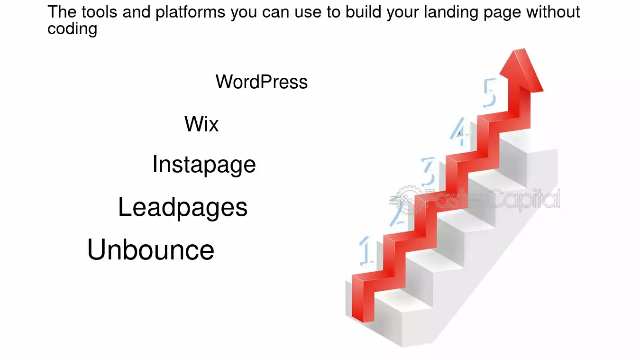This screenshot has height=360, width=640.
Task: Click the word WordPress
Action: pyautogui.click(x=262, y=82)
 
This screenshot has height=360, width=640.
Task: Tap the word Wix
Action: pyautogui.click(x=201, y=124)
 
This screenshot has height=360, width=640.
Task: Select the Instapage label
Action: pyautogui.click(x=204, y=165)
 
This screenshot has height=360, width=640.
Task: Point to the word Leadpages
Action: pyautogui.click(x=183, y=207)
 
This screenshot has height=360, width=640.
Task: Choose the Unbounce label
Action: pyautogui.click(x=151, y=249)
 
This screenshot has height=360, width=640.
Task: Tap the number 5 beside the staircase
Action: pyautogui.click(x=490, y=93)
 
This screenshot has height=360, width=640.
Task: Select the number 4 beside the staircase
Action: pyautogui.click(x=459, y=132)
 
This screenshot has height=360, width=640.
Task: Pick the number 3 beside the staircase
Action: pyautogui.click(x=429, y=172)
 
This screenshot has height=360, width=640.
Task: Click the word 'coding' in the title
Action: pyautogui.click(x=72, y=29)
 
